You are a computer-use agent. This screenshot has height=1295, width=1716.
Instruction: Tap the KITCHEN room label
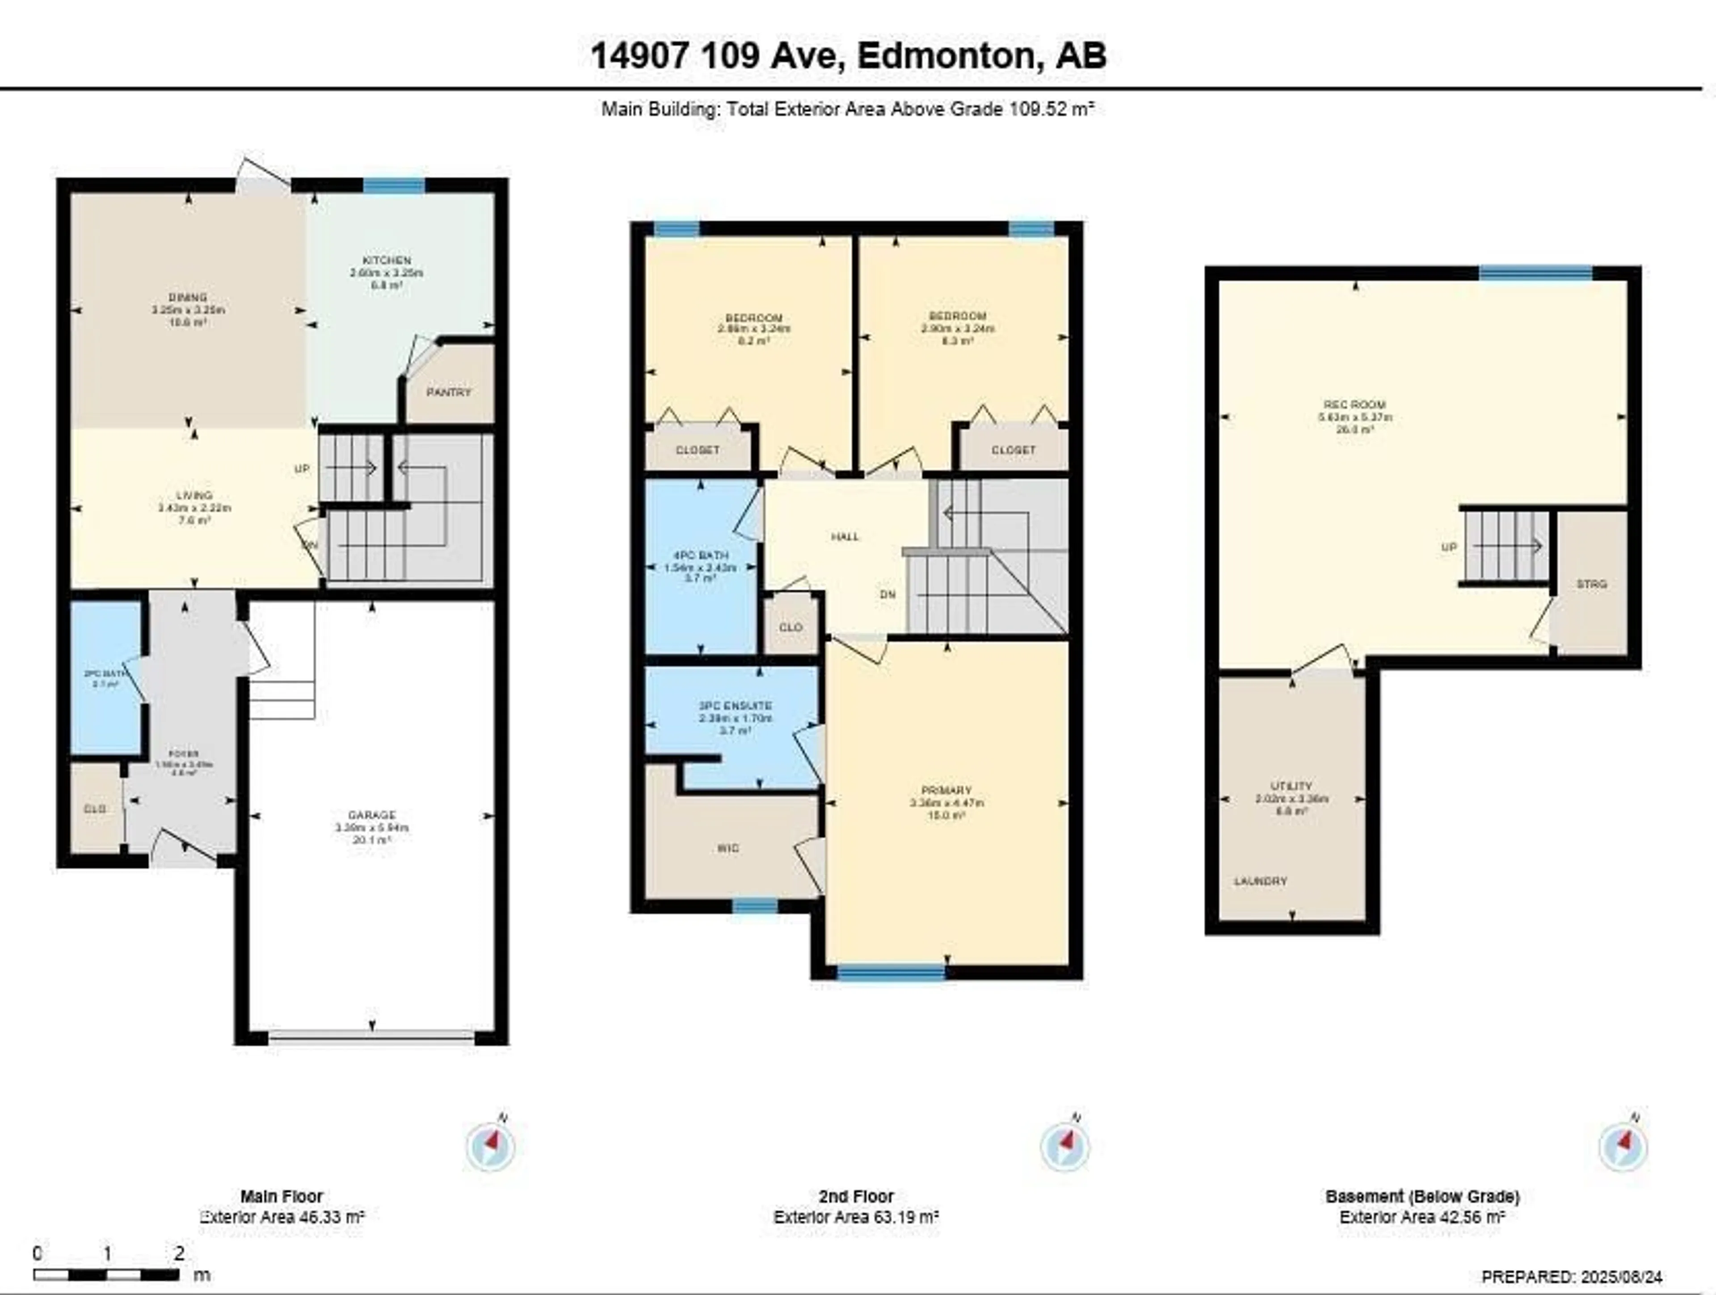[x=387, y=261]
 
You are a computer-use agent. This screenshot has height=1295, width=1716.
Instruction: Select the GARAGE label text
[x=372, y=815]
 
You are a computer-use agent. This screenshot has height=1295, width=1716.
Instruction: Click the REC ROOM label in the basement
[x=1354, y=404]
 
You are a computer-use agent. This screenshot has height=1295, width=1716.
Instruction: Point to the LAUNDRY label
[x=1261, y=881]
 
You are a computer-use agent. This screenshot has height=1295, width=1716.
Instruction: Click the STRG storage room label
[x=1591, y=584]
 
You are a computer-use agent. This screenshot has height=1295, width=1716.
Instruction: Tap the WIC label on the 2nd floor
[x=728, y=848]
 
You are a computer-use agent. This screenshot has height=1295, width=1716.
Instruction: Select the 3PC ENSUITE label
[x=735, y=705]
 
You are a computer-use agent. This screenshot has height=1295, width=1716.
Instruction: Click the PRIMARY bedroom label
[x=946, y=790]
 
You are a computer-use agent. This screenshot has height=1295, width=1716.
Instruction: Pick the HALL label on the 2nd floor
[x=845, y=536]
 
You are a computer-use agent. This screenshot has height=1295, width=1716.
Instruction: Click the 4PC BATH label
[x=701, y=555]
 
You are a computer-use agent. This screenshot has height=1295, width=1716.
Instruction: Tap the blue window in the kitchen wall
[x=394, y=185]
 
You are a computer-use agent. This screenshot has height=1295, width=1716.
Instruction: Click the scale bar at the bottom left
[x=106, y=1274]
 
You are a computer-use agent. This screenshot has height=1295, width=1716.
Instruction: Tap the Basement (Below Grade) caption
[x=1422, y=1196]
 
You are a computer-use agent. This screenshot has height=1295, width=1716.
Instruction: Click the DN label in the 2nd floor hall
[x=887, y=594]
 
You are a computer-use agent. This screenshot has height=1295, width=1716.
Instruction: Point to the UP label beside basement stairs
[x=1448, y=547]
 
